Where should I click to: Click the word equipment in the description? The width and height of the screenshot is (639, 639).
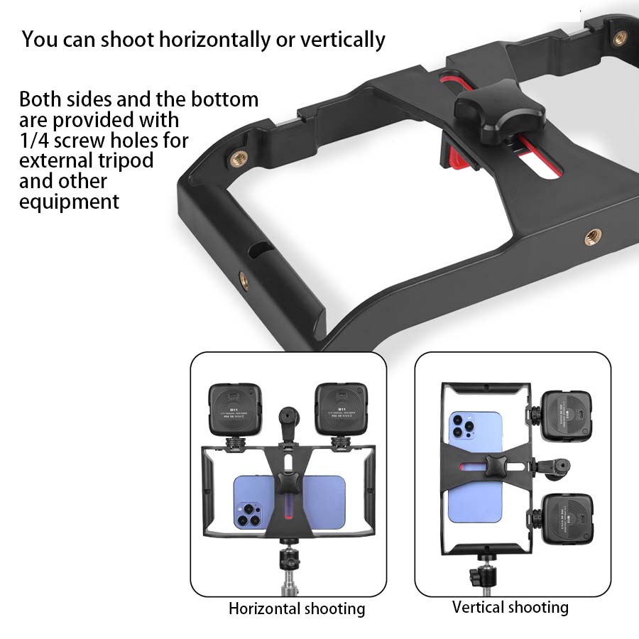point(69,202)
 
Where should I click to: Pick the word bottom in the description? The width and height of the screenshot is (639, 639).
point(225,99)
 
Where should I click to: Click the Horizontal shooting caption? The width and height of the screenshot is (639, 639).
point(297,608)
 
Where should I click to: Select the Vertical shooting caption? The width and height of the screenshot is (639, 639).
point(510,607)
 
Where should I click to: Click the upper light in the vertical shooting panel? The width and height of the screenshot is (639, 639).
point(566,415)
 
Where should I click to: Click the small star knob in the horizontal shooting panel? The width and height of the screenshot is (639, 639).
point(288,486)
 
